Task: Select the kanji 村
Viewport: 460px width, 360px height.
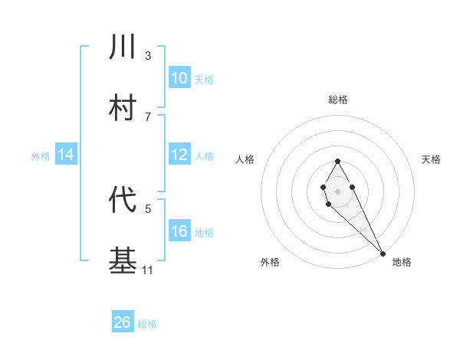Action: [123, 106]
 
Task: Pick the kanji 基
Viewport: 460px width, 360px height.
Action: [123, 260]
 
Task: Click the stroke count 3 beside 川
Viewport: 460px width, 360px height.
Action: [148, 56]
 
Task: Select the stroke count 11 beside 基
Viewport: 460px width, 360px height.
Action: [148, 269]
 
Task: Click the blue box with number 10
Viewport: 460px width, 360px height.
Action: [179, 77]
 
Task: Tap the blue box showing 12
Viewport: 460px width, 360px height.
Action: [179, 155]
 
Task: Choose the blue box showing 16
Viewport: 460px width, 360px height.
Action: [179, 231]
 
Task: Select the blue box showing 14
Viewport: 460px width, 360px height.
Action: [66, 155]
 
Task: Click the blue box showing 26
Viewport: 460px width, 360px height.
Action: [123, 322]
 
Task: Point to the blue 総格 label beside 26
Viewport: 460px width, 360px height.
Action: [147, 324]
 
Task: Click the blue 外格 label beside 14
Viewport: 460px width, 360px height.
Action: [41, 156]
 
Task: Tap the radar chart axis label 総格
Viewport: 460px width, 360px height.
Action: [337, 100]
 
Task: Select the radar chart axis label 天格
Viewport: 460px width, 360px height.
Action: [432, 159]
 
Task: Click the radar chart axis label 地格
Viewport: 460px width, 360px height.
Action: [402, 262]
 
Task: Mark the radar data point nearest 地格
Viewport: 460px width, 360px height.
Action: [383, 253]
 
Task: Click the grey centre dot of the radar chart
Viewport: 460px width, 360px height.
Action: [337, 190]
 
